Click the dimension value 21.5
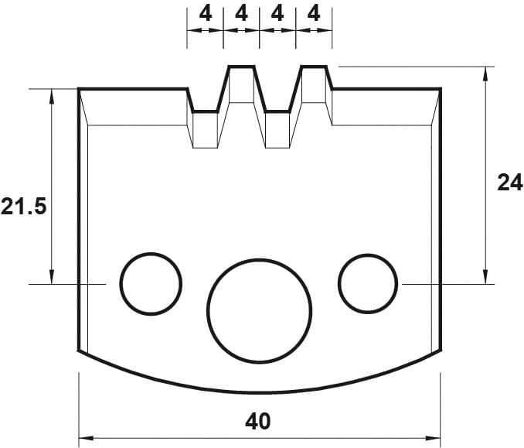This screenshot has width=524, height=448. (23, 207)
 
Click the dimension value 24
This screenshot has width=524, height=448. (510, 183)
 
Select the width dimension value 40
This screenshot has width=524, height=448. (257, 422)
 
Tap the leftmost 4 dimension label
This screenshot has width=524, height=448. (206, 14)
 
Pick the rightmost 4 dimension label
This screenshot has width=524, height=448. (314, 14)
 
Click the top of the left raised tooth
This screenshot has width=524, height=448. (242, 67)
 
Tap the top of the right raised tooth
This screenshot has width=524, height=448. (314, 67)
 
